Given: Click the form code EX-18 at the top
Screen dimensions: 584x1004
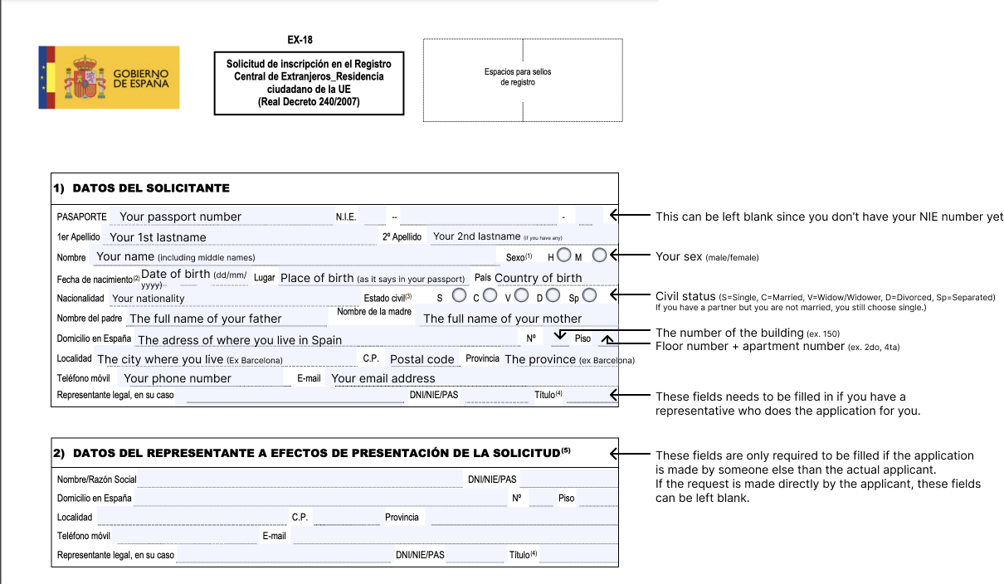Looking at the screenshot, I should coord(300,40).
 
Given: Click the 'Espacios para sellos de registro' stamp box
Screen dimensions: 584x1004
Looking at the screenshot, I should coord(522,80).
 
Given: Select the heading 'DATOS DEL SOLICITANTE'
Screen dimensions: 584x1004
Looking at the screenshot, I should coord(151,188).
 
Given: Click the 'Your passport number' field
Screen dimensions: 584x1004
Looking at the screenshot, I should coord(180,217).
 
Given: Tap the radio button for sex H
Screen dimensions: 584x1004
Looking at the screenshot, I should coord(564,255).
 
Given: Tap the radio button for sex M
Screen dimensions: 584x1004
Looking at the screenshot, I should coord(600,255).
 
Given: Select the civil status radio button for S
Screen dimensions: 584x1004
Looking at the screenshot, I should coord(459,295).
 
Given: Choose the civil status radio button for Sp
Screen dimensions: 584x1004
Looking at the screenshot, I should coord(590,295).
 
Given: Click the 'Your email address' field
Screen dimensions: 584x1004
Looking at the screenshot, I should coord(383,378).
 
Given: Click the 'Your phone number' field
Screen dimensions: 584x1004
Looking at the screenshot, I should coord(178,378).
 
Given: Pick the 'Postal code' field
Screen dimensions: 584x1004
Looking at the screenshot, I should coord(422,359).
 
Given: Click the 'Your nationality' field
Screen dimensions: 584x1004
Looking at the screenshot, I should coord(149,299).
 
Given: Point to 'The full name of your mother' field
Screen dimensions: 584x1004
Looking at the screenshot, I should coord(502,319).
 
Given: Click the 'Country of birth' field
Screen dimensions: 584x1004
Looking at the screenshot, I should coord(538,278).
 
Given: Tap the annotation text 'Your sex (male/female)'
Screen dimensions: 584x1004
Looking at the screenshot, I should coord(707,256).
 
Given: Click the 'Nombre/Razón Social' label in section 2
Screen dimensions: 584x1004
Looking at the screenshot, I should coord(96,479).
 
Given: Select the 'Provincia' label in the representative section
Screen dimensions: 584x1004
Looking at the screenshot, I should coord(402,517).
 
